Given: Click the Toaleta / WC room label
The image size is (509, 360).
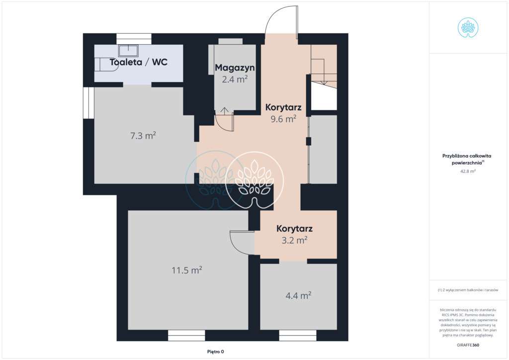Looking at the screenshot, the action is [139, 62].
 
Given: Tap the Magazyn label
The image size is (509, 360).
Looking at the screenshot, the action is [235, 68].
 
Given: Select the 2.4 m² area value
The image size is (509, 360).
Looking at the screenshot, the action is [235, 79].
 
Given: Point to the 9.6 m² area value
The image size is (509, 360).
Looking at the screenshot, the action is [283, 119].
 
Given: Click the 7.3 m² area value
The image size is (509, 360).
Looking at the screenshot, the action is [143, 135].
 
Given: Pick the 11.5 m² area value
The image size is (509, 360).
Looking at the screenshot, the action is [187, 270].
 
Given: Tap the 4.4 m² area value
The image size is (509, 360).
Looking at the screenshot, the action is [298, 296].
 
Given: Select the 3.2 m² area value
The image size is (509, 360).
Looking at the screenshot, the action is [294, 240].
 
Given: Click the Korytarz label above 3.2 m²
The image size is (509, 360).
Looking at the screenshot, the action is [294, 229].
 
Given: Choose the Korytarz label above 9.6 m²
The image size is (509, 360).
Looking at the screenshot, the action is [283, 107].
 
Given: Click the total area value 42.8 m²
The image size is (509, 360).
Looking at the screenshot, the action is [468, 171].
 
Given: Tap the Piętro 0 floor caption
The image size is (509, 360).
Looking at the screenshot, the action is [216, 352].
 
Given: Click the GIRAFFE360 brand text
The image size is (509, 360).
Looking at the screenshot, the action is [468, 345].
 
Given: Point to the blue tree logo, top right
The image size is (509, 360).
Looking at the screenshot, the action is [468, 27].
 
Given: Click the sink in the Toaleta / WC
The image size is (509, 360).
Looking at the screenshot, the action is [129, 51].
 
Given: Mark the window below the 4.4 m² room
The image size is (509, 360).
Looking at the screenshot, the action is [298, 336].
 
